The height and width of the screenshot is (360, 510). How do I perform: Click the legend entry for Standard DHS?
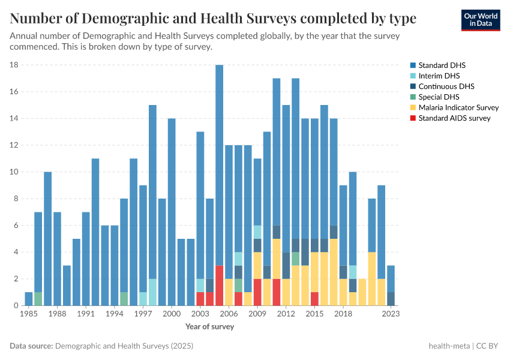442,65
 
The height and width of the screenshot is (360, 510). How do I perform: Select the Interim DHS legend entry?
439,76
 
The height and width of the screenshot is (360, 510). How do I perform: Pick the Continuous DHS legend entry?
446,86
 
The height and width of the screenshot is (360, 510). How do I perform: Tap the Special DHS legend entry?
439,97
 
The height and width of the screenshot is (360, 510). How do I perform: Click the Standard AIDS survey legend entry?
454,118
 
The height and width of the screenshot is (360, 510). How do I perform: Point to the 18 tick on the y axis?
14,65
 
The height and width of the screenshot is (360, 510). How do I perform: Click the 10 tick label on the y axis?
14,172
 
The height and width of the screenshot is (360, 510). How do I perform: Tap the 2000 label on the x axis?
172,313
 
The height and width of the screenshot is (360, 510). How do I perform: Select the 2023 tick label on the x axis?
391,313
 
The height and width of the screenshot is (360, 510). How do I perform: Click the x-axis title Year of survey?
209,327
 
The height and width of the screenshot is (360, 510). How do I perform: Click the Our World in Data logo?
481,20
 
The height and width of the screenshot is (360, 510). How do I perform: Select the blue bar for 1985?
29,299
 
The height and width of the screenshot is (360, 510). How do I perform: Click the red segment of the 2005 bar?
220,286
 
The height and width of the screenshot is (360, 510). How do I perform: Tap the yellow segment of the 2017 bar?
334,272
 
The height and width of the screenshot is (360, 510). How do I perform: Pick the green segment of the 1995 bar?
124,299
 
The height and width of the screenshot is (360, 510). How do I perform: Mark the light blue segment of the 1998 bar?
152,292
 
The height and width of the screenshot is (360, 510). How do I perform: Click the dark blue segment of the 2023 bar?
391,299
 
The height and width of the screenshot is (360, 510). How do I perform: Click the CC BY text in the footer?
490,346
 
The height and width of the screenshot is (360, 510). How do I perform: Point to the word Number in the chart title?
36,19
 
